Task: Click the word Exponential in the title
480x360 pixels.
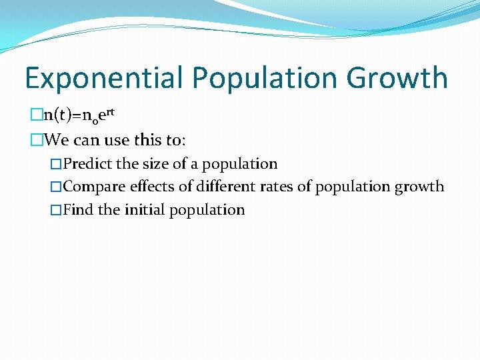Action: tap(104, 78)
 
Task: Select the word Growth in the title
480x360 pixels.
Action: tap(397, 78)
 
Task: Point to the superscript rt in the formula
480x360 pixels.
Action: tap(111, 112)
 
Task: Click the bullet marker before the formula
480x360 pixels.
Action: tap(36, 116)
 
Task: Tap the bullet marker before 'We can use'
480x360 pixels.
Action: tap(36, 140)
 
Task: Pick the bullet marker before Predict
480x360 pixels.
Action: tap(57, 164)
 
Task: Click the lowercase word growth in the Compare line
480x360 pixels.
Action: tap(419, 187)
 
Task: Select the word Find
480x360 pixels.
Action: tap(79, 210)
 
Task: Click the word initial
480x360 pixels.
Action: tap(145, 210)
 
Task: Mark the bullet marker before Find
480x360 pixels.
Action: tap(57, 210)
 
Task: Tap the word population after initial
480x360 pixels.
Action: tap(207, 210)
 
